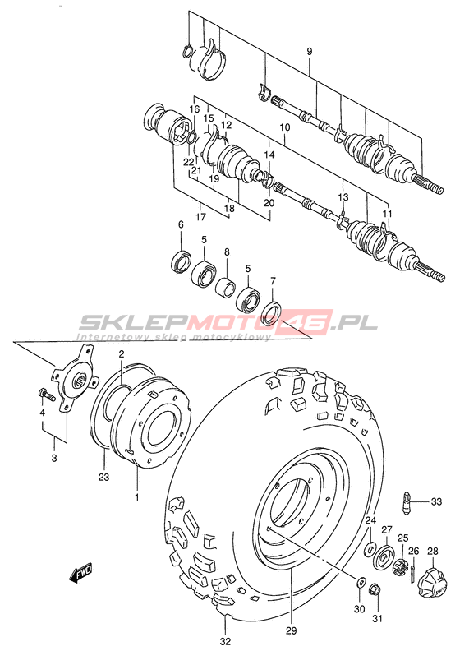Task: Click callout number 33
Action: (436, 502)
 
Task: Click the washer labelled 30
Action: (361, 582)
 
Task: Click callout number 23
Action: (103, 477)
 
